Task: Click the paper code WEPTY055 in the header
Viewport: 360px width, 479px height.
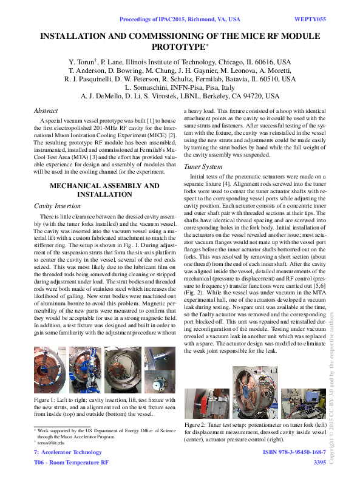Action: (x=310, y=19)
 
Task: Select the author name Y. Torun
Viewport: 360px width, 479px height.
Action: (x=82, y=62)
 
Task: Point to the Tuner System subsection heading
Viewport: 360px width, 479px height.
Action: (x=203, y=166)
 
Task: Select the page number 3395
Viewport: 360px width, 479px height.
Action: (x=319, y=463)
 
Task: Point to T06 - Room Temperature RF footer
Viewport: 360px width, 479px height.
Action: (x=71, y=463)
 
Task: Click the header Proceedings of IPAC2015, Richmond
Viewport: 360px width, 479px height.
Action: (x=188, y=19)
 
